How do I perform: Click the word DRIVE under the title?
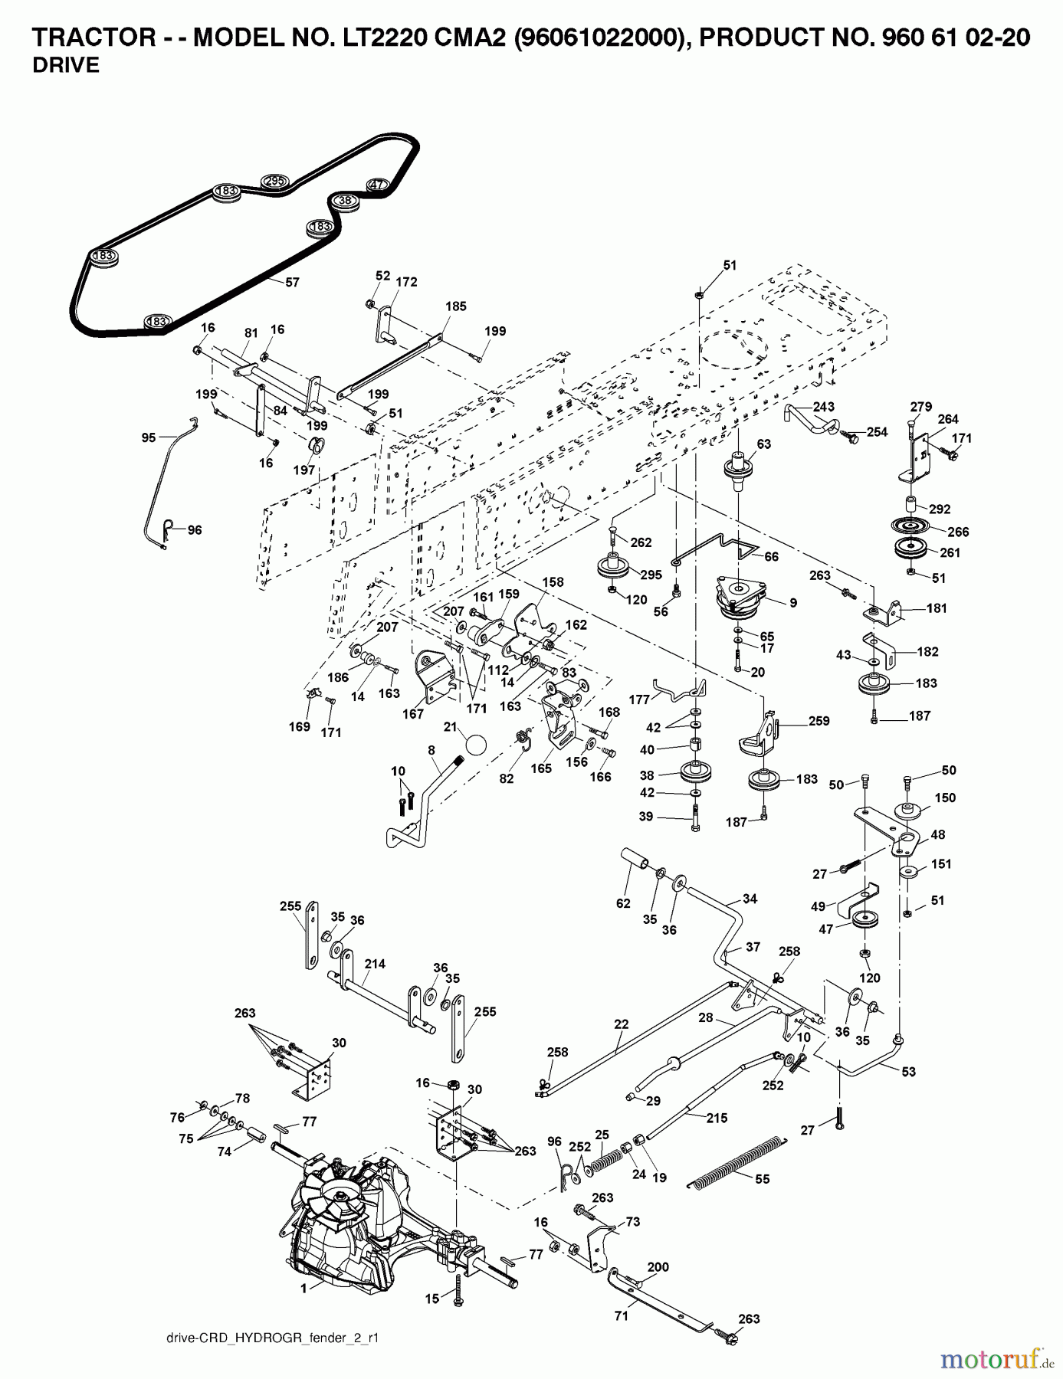coord(66,66)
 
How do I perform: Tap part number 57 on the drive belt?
coord(292,282)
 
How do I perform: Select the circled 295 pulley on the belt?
coord(274,181)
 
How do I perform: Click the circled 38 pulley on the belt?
coord(345,201)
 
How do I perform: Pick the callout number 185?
coord(455,306)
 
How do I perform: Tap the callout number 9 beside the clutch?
coord(792,603)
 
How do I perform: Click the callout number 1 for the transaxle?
coord(303,1289)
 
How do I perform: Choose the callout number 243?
coord(823,406)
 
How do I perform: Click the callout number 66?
coord(771,557)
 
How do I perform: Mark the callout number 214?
coord(375,964)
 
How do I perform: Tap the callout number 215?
coord(717,1118)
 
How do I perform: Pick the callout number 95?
coord(149,437)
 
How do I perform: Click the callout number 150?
coord(945,798)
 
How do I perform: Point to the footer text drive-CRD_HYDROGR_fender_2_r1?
coord(272,1338)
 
